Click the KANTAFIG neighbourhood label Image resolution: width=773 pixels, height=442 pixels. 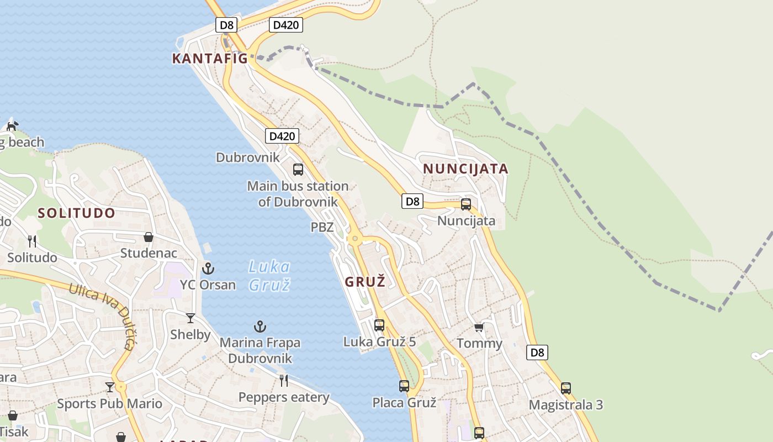click(210, 59)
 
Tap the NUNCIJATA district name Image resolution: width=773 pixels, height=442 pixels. click(465, 169)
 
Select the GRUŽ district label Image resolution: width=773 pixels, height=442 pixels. click(365, 282)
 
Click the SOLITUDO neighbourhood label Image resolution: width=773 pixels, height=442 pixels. click(77, 213)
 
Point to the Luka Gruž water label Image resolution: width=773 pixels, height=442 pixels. click(269, 276)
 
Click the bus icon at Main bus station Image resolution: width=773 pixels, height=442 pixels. click(298, 170)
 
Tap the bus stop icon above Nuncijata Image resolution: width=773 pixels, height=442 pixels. click(466, 204)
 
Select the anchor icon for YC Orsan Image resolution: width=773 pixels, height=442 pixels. click(208, 269)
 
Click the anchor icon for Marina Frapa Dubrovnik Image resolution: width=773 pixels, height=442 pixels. click(260, 327)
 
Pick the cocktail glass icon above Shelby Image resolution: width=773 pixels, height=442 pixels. click(190, 318)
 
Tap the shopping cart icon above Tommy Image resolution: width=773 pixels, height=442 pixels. click(479, 327)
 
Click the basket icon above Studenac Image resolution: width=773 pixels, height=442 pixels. click(149, 237)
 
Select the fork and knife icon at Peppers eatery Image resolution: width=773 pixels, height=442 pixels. click(284, 380)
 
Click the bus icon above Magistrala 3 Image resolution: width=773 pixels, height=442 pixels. click(566, 388)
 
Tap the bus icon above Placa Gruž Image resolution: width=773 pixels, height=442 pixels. click(404, 386)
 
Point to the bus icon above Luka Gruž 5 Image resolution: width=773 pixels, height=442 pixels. click(379, 325)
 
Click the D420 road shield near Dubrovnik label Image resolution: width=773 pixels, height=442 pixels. click(282, 136)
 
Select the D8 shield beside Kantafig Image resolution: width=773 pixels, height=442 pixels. click(226, 25)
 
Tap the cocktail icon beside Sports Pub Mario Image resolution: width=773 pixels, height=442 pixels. click(110, 387)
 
